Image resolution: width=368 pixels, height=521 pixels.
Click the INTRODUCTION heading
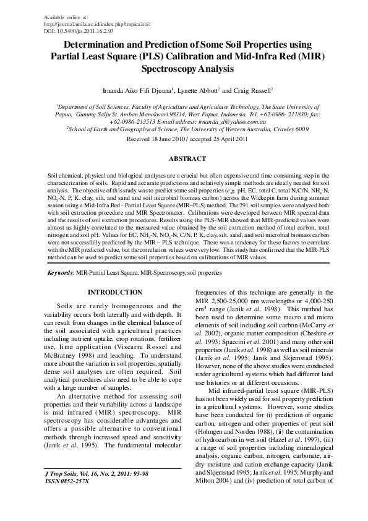[x=115, y=291]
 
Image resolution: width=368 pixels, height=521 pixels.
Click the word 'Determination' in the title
[x=101, y=45]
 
